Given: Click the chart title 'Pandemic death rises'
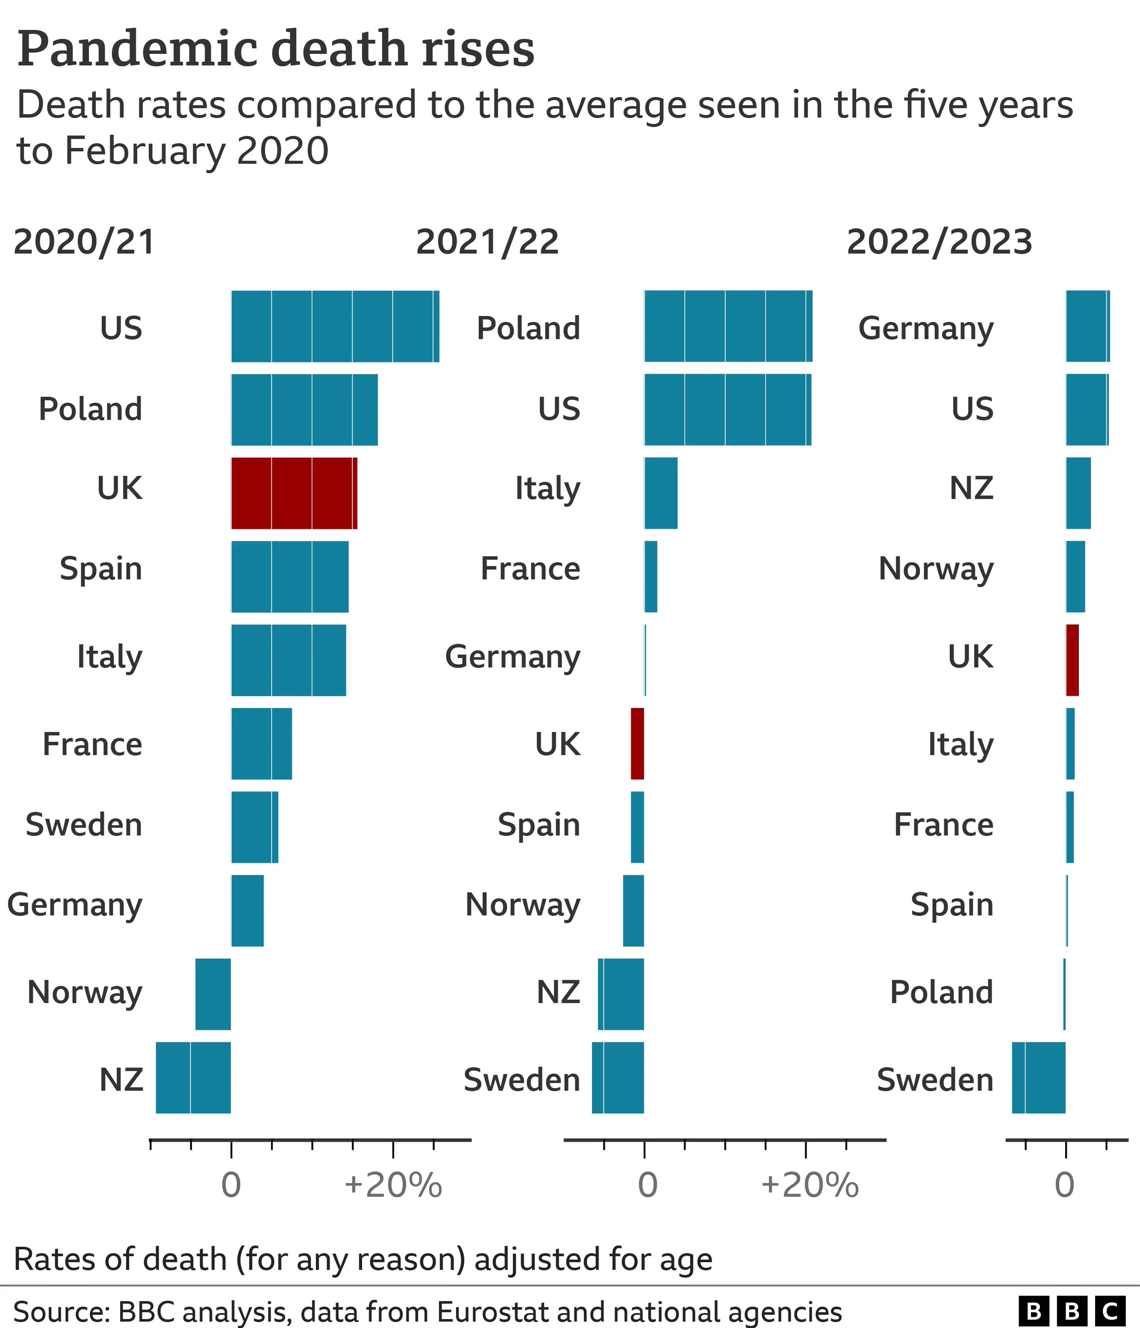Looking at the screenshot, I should click(275, 49).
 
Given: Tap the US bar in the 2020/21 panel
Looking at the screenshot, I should click(334, 326).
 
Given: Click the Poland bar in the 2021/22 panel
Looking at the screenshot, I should click(728, 326).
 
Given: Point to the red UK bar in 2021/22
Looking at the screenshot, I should click(637, 743).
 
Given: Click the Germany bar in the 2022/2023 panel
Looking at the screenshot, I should click(1087, 326).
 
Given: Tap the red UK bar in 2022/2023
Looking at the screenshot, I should click(1072, 660).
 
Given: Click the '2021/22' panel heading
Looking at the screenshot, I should click(487, 242).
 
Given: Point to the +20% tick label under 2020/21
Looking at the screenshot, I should click(393, 1185).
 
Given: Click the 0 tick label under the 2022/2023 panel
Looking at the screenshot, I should click(1064, 1185).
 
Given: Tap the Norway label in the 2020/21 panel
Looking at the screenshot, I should click(85, 993).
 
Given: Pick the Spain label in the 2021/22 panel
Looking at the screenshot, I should click(538, 825).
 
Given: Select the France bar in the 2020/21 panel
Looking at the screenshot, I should click(261, 743).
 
